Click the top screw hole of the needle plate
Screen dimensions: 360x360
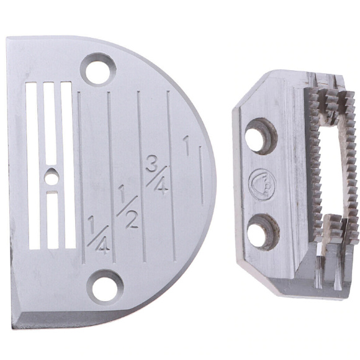click(x=98, y=70)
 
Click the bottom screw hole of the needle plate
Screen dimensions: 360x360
click(x=105, y=287)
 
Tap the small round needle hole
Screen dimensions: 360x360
click(x=51, y=178)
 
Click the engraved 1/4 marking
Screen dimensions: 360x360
click(x=99, y=235)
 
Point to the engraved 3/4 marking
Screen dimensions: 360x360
click(x=157, y=174)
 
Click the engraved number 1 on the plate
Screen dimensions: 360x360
click(x=186, y=146)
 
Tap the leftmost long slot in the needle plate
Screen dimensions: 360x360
click(x=33, y=166)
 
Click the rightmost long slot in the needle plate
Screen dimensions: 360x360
click(x=68, y=164)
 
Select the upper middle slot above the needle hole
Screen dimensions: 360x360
click(x=50, y=123)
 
